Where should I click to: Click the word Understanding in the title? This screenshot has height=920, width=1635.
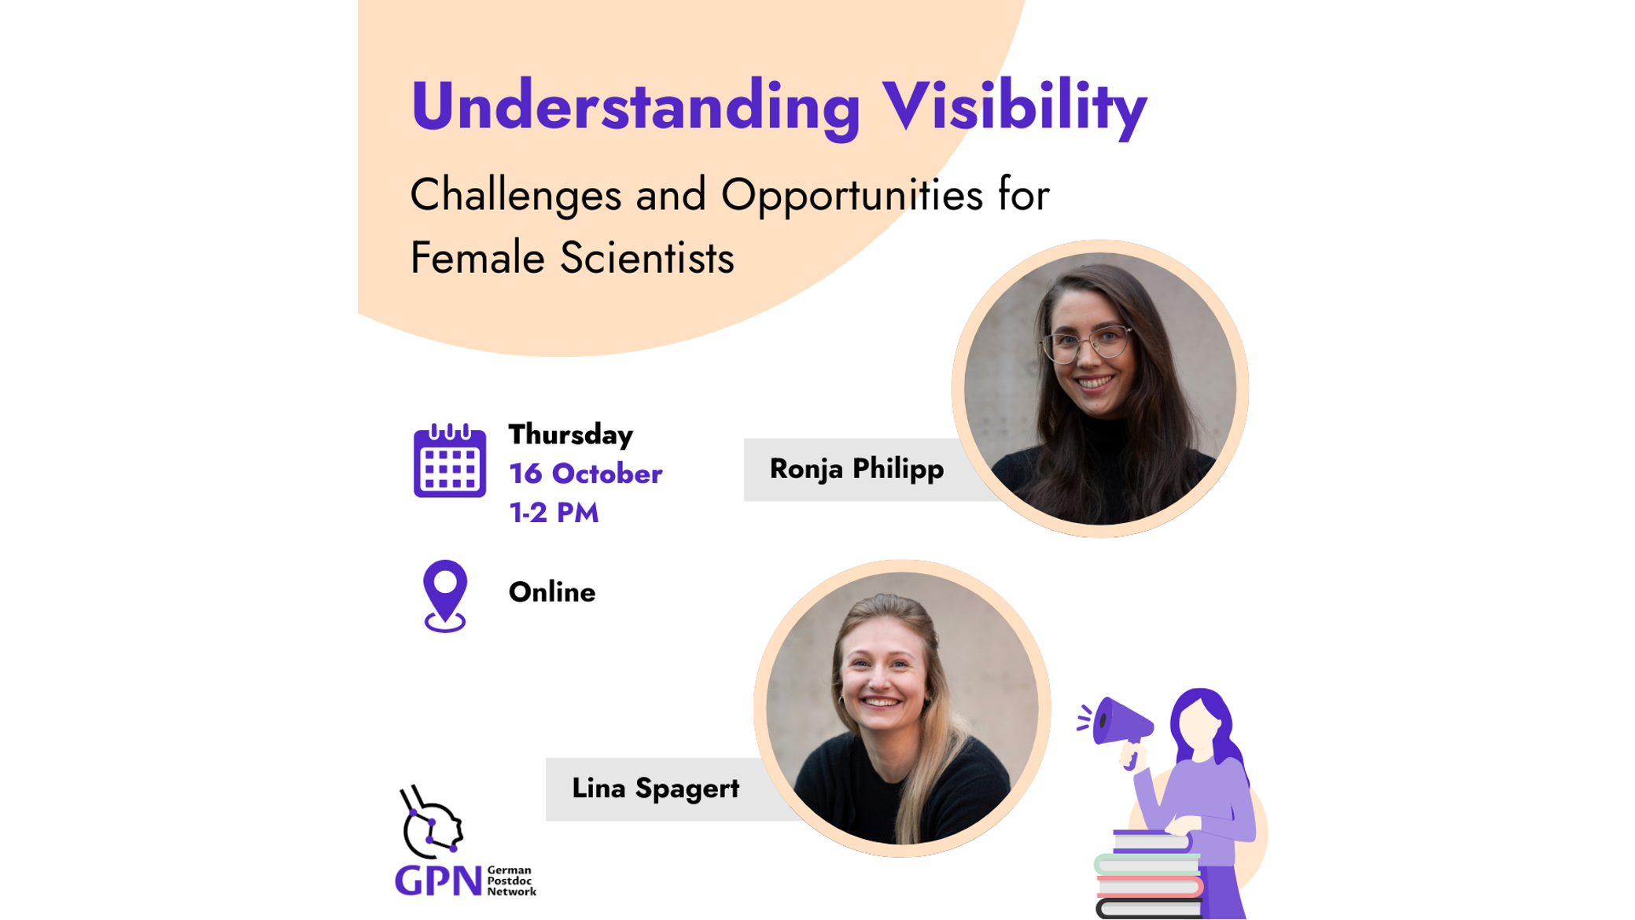(635, 106)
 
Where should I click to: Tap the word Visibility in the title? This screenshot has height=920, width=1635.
(1015, 106)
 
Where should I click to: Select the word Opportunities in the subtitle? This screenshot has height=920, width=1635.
(852, 196)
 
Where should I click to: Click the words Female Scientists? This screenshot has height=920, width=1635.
(572, 258)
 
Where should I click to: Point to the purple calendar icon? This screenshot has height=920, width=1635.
(450, 461)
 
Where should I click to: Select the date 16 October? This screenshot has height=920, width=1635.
(586, 473)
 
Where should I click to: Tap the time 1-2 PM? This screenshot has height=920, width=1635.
(554, 513)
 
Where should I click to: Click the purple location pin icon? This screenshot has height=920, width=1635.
(445, 596)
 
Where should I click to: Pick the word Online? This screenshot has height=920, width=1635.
(552, 592)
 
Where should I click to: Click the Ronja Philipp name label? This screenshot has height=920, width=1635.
(856, 469)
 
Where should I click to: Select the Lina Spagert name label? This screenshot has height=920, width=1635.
(655, 789)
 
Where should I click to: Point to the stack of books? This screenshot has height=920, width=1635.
(1148, 874)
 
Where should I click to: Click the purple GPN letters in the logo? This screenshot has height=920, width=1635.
(438, 881)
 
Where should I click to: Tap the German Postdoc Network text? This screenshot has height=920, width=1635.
(511, 881)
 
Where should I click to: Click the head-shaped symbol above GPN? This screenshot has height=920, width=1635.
(432, 822)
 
